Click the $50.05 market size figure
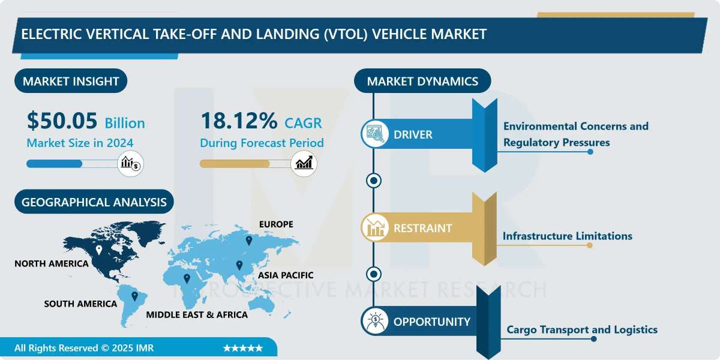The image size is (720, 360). pos(62,121)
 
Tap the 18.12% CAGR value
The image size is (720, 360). pos(239,121)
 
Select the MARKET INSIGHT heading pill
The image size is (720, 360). pos(71,81)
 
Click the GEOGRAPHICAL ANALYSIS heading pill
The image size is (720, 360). pos(94,202)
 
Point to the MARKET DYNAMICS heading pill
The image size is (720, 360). pos(422,81)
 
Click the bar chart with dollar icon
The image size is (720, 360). pos(131,164)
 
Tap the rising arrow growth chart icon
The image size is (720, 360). pos(304,164)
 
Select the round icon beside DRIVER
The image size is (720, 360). pos(375,134)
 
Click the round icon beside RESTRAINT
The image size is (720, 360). pos(375,227)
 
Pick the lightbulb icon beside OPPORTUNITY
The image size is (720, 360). pos(375,321)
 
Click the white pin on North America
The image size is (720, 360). pos(99,250)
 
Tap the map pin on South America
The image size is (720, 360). pos(134,296)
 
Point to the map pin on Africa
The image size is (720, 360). pos(187,278)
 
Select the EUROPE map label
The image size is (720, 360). pos(276,224)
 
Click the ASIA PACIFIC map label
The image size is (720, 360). pos(286,275)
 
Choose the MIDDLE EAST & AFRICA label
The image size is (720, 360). pos(197,314)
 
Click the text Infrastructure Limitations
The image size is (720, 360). pos(568,236)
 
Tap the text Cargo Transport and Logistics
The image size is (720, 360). pos(582,329)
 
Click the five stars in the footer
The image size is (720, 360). pos(243,348)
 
